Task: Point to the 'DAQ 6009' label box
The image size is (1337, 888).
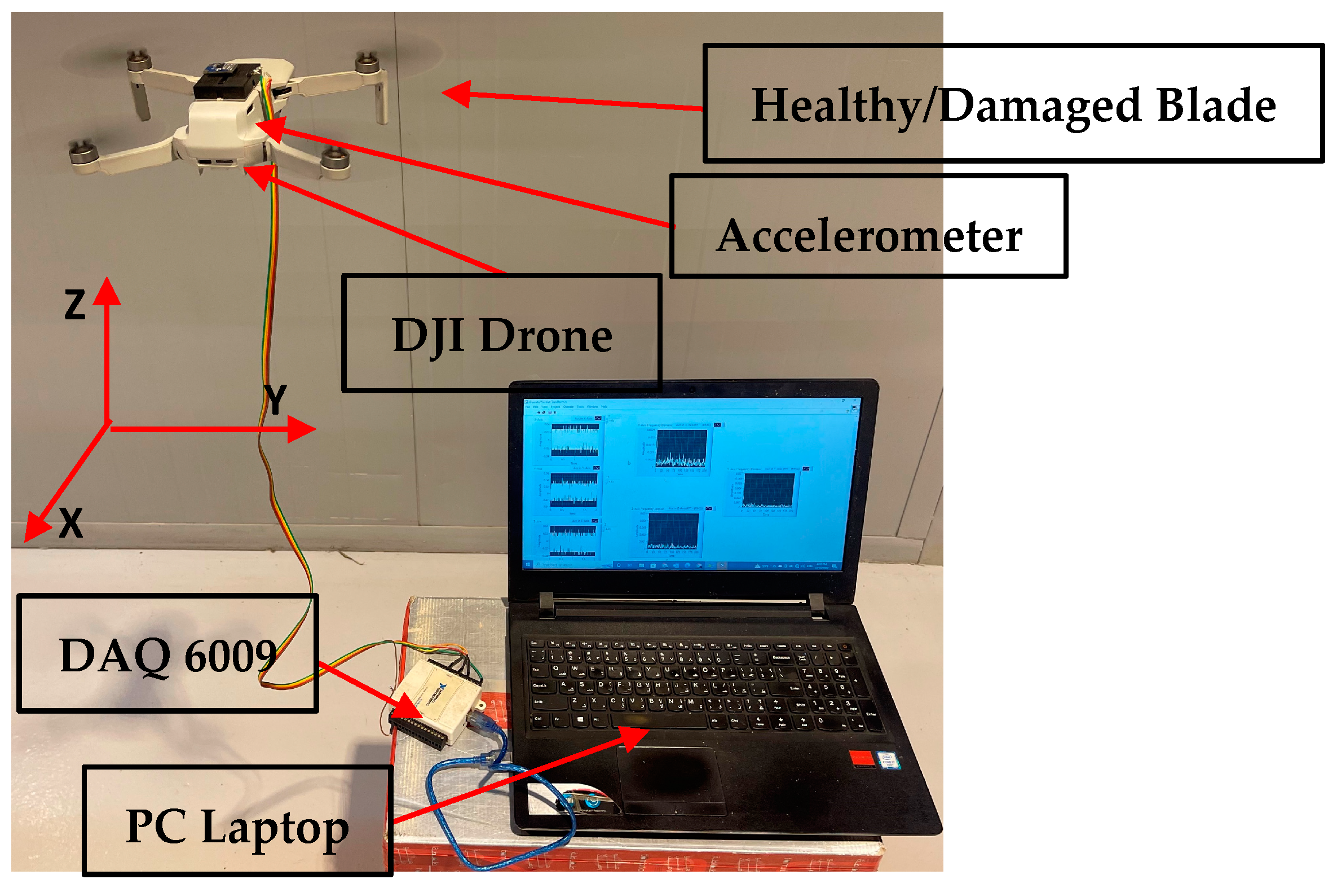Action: click(x=167, y=652)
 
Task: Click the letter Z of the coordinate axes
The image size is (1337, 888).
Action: click(x=75, y=304)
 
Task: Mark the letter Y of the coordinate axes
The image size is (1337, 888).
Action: click(x=276, y=399)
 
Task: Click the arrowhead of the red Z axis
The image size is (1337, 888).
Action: click(x=107, y=290)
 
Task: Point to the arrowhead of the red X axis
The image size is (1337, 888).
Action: click(x=35, y=529)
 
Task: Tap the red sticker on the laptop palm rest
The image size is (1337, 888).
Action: click(x=861, y=758)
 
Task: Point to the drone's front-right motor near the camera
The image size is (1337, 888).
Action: click(x=335, y=159)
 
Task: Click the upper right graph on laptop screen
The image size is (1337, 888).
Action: click(x=768, y=490)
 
